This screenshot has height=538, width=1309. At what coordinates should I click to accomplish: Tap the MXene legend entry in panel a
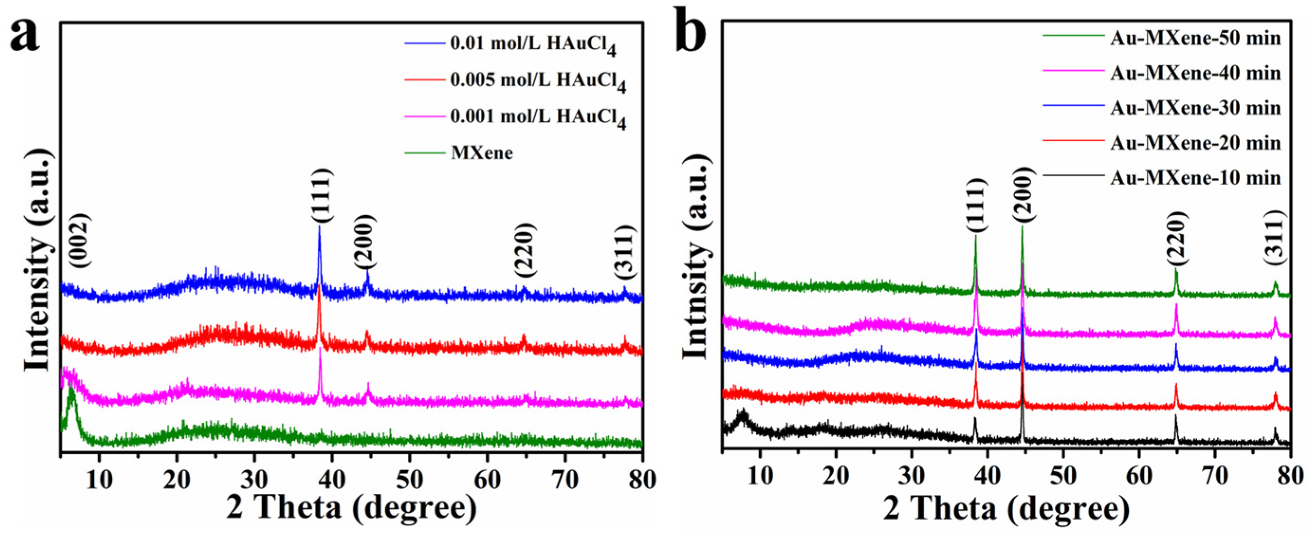coord(481,153)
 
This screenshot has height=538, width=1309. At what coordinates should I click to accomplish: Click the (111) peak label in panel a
coord(321,196)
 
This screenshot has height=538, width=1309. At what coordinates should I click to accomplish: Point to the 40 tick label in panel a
coord(332,480)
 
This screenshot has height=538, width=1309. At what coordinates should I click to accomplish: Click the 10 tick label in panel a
coord(99,480)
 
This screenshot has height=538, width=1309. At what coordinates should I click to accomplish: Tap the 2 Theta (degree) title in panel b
coord(1006,509)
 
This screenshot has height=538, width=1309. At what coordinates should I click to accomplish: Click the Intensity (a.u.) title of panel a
coord(40,260)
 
